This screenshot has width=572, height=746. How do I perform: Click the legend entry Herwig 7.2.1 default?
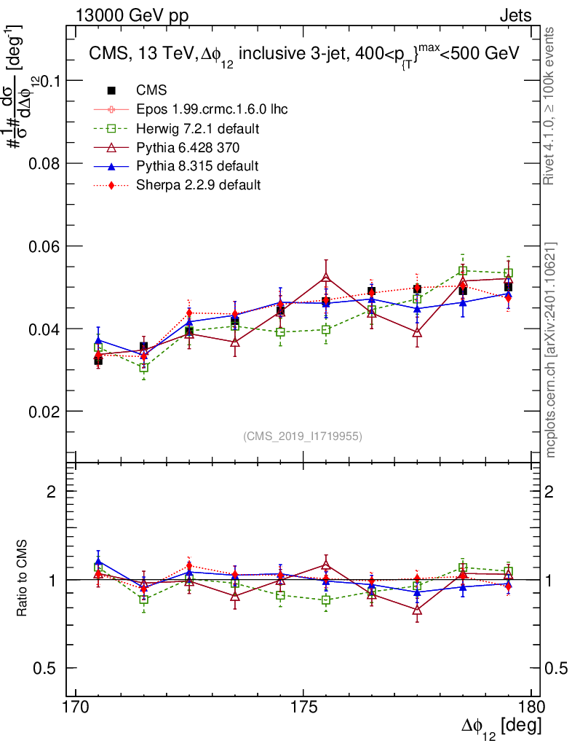point(199,129)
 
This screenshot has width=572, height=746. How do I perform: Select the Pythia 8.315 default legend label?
point(197,166)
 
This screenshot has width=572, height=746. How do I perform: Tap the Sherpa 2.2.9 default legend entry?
point(198,185)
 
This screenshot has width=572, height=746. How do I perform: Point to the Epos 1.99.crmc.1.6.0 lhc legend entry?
point(212,110)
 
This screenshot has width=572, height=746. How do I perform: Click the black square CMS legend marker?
point(112,91)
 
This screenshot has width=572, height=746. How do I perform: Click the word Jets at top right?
point(515,16)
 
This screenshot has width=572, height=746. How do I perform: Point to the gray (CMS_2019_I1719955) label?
point(303,436)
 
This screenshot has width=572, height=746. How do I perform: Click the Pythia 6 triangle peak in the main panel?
point(326,277)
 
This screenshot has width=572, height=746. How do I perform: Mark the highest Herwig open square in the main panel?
point(463,271)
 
